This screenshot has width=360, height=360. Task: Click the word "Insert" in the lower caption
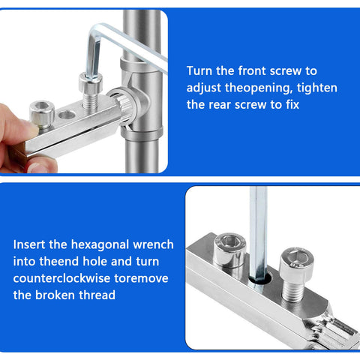(x=31, y=244)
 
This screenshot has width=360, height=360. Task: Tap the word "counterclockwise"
(x=61, y=278)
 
